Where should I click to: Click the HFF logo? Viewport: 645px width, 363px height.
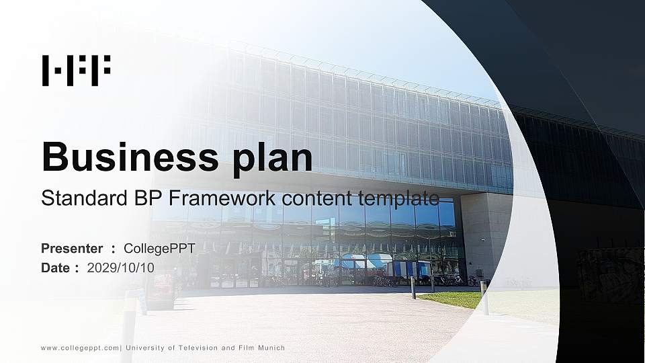(76, 71)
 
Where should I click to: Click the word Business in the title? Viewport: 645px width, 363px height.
(127, 157)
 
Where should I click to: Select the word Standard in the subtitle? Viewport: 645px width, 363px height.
(79, 198)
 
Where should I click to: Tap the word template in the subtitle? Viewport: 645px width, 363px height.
(401, 198)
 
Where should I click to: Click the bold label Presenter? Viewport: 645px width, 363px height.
(72, 249)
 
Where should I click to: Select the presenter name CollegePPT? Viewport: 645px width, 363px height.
(159, 249)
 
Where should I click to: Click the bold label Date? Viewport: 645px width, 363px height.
(56, 268)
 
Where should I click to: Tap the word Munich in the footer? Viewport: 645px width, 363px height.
(270, 348)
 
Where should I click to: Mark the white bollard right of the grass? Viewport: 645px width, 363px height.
(484, 298)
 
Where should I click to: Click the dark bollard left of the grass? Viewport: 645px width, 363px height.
(413, 287)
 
